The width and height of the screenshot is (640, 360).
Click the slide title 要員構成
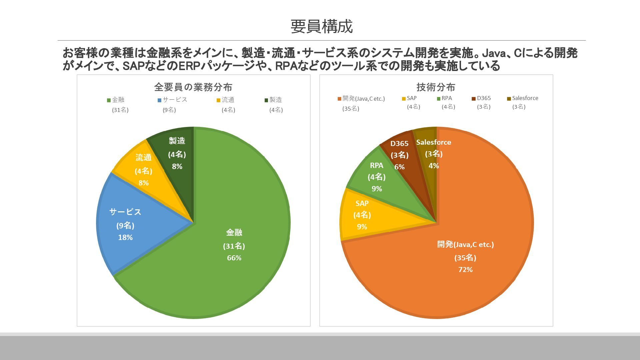(321, 27)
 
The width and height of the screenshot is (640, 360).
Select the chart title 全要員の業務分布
(193, 87)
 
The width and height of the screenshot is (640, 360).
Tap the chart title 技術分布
(436, 87)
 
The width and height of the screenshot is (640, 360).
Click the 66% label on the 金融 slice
(234, 258)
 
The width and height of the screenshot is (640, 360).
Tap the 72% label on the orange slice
(465, 270)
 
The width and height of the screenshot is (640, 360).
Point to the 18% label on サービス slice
(125, 238)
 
